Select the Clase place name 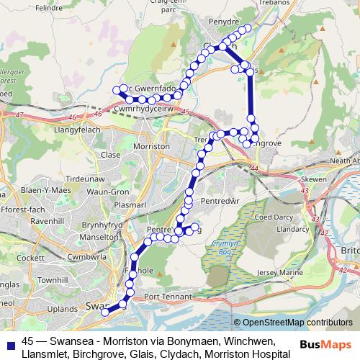point(111,154)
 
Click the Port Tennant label point(167,296)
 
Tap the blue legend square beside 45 point(10,341)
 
